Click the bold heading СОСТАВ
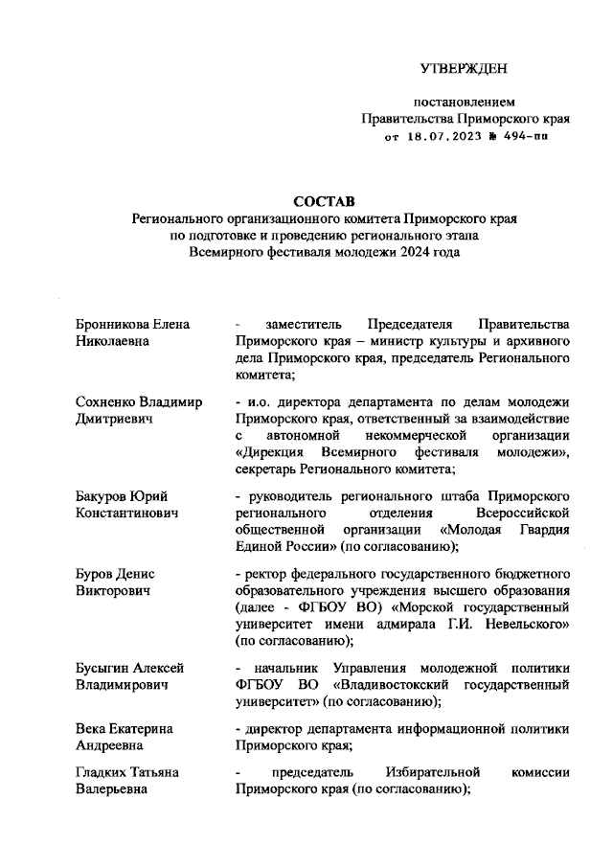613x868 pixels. click(x=324, y=201)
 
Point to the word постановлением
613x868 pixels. click(x=465, y=102)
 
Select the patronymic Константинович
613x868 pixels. click(x=127, y=513)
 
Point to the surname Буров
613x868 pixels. click(x=95, y=573)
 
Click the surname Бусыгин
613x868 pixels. click(x=105, y=668)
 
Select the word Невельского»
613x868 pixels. click(x=522, y=625)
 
